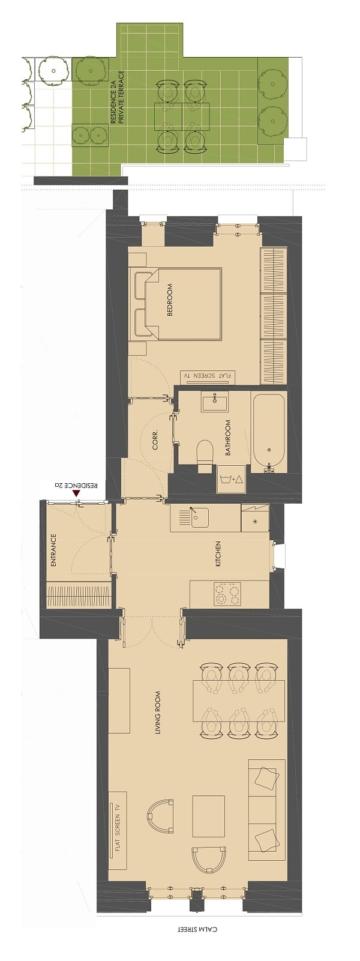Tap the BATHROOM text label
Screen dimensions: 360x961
[x=228, y=438]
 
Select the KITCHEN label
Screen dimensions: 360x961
[x=218, y=554]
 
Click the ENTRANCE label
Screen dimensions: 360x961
[x=53, y=550]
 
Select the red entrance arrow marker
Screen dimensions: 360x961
[x=77, y=493]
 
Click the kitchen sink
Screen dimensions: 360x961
[x=199, y=518]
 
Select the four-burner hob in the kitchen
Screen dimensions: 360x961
[x=227, y=594]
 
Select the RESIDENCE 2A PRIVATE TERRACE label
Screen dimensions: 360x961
[x=117, y=97]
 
